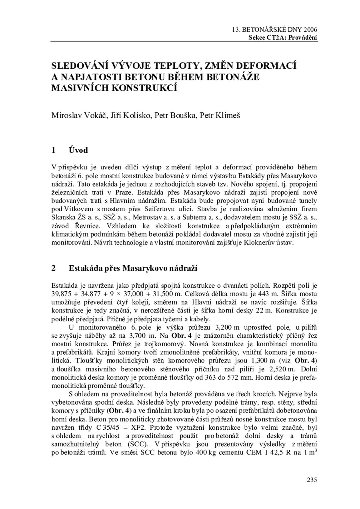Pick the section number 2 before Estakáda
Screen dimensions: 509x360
coord(54,268)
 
